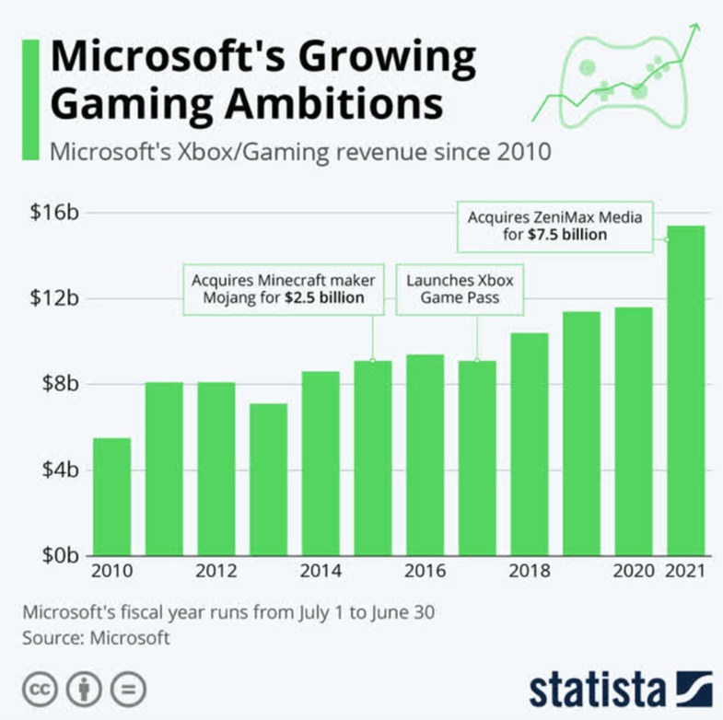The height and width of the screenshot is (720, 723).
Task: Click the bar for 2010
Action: pos(111,497)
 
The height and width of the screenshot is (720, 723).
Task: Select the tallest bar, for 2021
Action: pos(686,391)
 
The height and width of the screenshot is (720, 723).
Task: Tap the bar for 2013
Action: pos(268,479)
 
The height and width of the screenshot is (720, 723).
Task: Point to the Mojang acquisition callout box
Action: pos(277,289)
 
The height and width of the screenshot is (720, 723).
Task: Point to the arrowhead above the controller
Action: pos(693,25)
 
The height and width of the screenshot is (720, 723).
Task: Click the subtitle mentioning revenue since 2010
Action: pos(300,151)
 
